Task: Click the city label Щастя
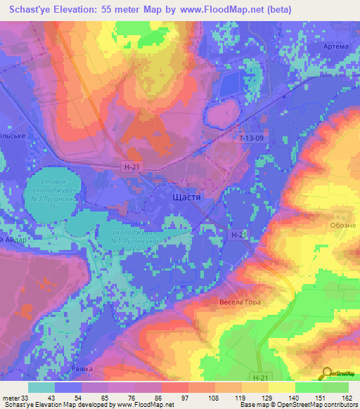pos(186,198)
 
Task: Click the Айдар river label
pos(14,240)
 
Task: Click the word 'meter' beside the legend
pos(9,398)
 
